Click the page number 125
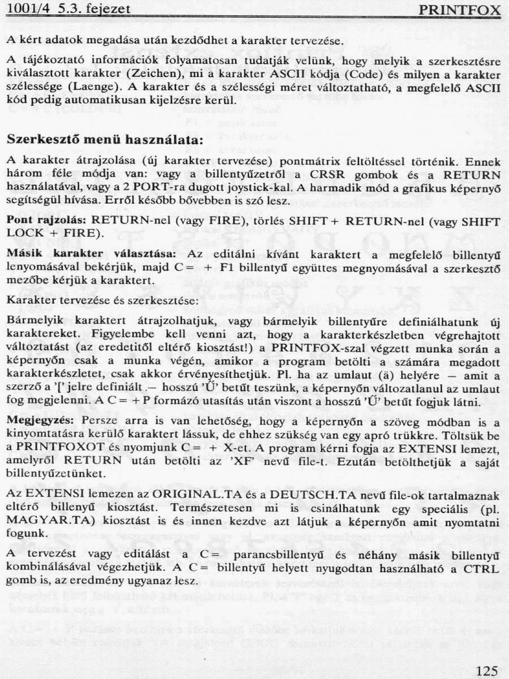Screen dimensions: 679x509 click(486, 671)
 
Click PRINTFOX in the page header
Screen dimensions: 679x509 click(460, 10)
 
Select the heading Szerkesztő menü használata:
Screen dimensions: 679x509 click(104, 139)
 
